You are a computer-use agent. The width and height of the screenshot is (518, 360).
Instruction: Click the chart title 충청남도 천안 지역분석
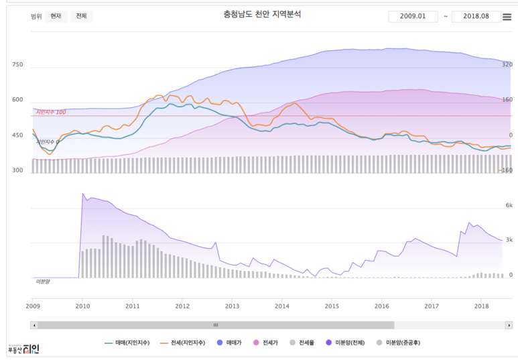coord(262,14)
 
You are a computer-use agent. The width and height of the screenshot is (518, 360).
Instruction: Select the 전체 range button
coord(81,16)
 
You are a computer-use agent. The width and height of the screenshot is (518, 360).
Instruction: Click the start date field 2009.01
coord(412,16)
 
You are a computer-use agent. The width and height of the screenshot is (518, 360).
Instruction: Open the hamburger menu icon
coord(507,16)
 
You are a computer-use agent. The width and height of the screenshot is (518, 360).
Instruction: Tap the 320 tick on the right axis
coord(507,65)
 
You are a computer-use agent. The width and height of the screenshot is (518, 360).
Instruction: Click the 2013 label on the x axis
coord(232,306)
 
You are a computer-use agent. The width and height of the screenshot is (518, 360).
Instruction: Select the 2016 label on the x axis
coord(382,306)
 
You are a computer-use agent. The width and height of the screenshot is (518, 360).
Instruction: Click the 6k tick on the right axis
coord(509,206)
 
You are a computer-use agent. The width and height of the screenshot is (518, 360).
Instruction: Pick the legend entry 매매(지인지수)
coord(129,343)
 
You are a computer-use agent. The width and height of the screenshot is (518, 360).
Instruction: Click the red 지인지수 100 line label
coord(51,112)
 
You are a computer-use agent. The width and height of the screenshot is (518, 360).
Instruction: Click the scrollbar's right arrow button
coord(509,325)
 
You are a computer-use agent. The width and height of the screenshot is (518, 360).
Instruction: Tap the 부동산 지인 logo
coord(23,349)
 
